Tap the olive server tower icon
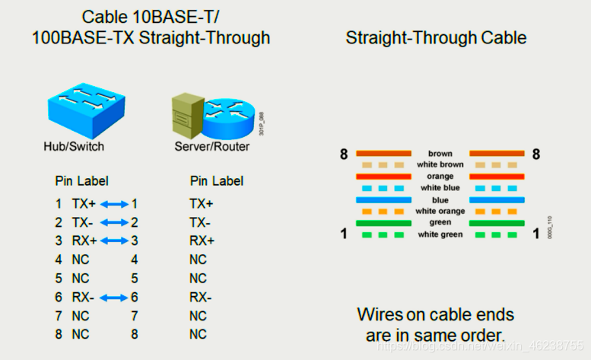pos(187,115)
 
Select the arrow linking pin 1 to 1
pos(113,204)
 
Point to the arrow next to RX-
pos(113,298)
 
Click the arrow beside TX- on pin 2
pos(113,223)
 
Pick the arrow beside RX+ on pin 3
pos(113,241)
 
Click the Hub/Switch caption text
pos(74,146)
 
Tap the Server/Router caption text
pos(211,146)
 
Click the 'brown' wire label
pos(440,154)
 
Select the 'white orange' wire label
pos(440,211)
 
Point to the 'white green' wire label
pos(440,234)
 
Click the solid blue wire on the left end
pos(383,199)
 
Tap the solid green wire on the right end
pos(497,223)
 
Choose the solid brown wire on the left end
pos(383,154)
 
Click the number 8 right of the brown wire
pos(536,155)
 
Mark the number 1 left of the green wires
pos(344,234)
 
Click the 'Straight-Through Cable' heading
pos(436,37)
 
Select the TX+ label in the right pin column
pos(202,204)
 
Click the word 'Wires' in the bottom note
pos(383,314)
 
